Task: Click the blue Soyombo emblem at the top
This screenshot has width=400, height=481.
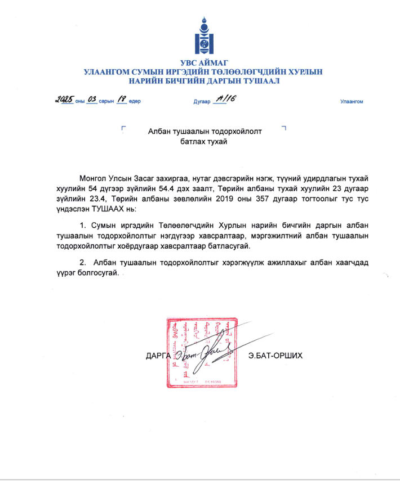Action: coord(200,36)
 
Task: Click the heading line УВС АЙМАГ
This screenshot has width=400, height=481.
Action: coord(200,63)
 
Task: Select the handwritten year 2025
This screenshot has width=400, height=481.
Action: coord(65,100)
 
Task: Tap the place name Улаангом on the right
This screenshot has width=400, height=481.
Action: coord(352,102)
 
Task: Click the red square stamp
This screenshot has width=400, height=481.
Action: coord(200,352)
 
